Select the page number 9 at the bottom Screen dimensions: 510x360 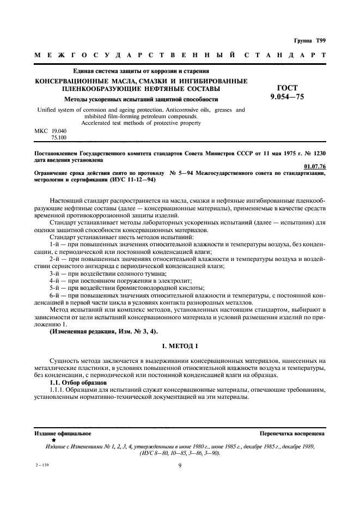click(179, 465)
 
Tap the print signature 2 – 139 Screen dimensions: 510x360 click(41, 465)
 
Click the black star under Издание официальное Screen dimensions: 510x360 click(53, 439)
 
